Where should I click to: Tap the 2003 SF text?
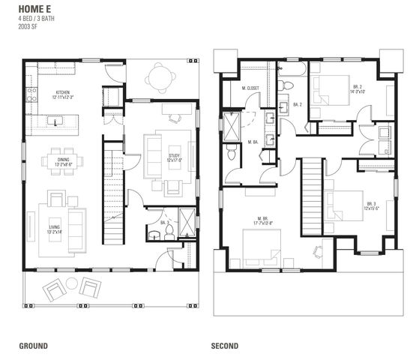click(x=28, y=26)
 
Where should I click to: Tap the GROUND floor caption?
click(x=34, y=346)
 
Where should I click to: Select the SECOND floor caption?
click(x=225, y=346)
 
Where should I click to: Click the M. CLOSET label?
click(x=250, y=88)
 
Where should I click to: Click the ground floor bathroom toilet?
click(x=169, y=229)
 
